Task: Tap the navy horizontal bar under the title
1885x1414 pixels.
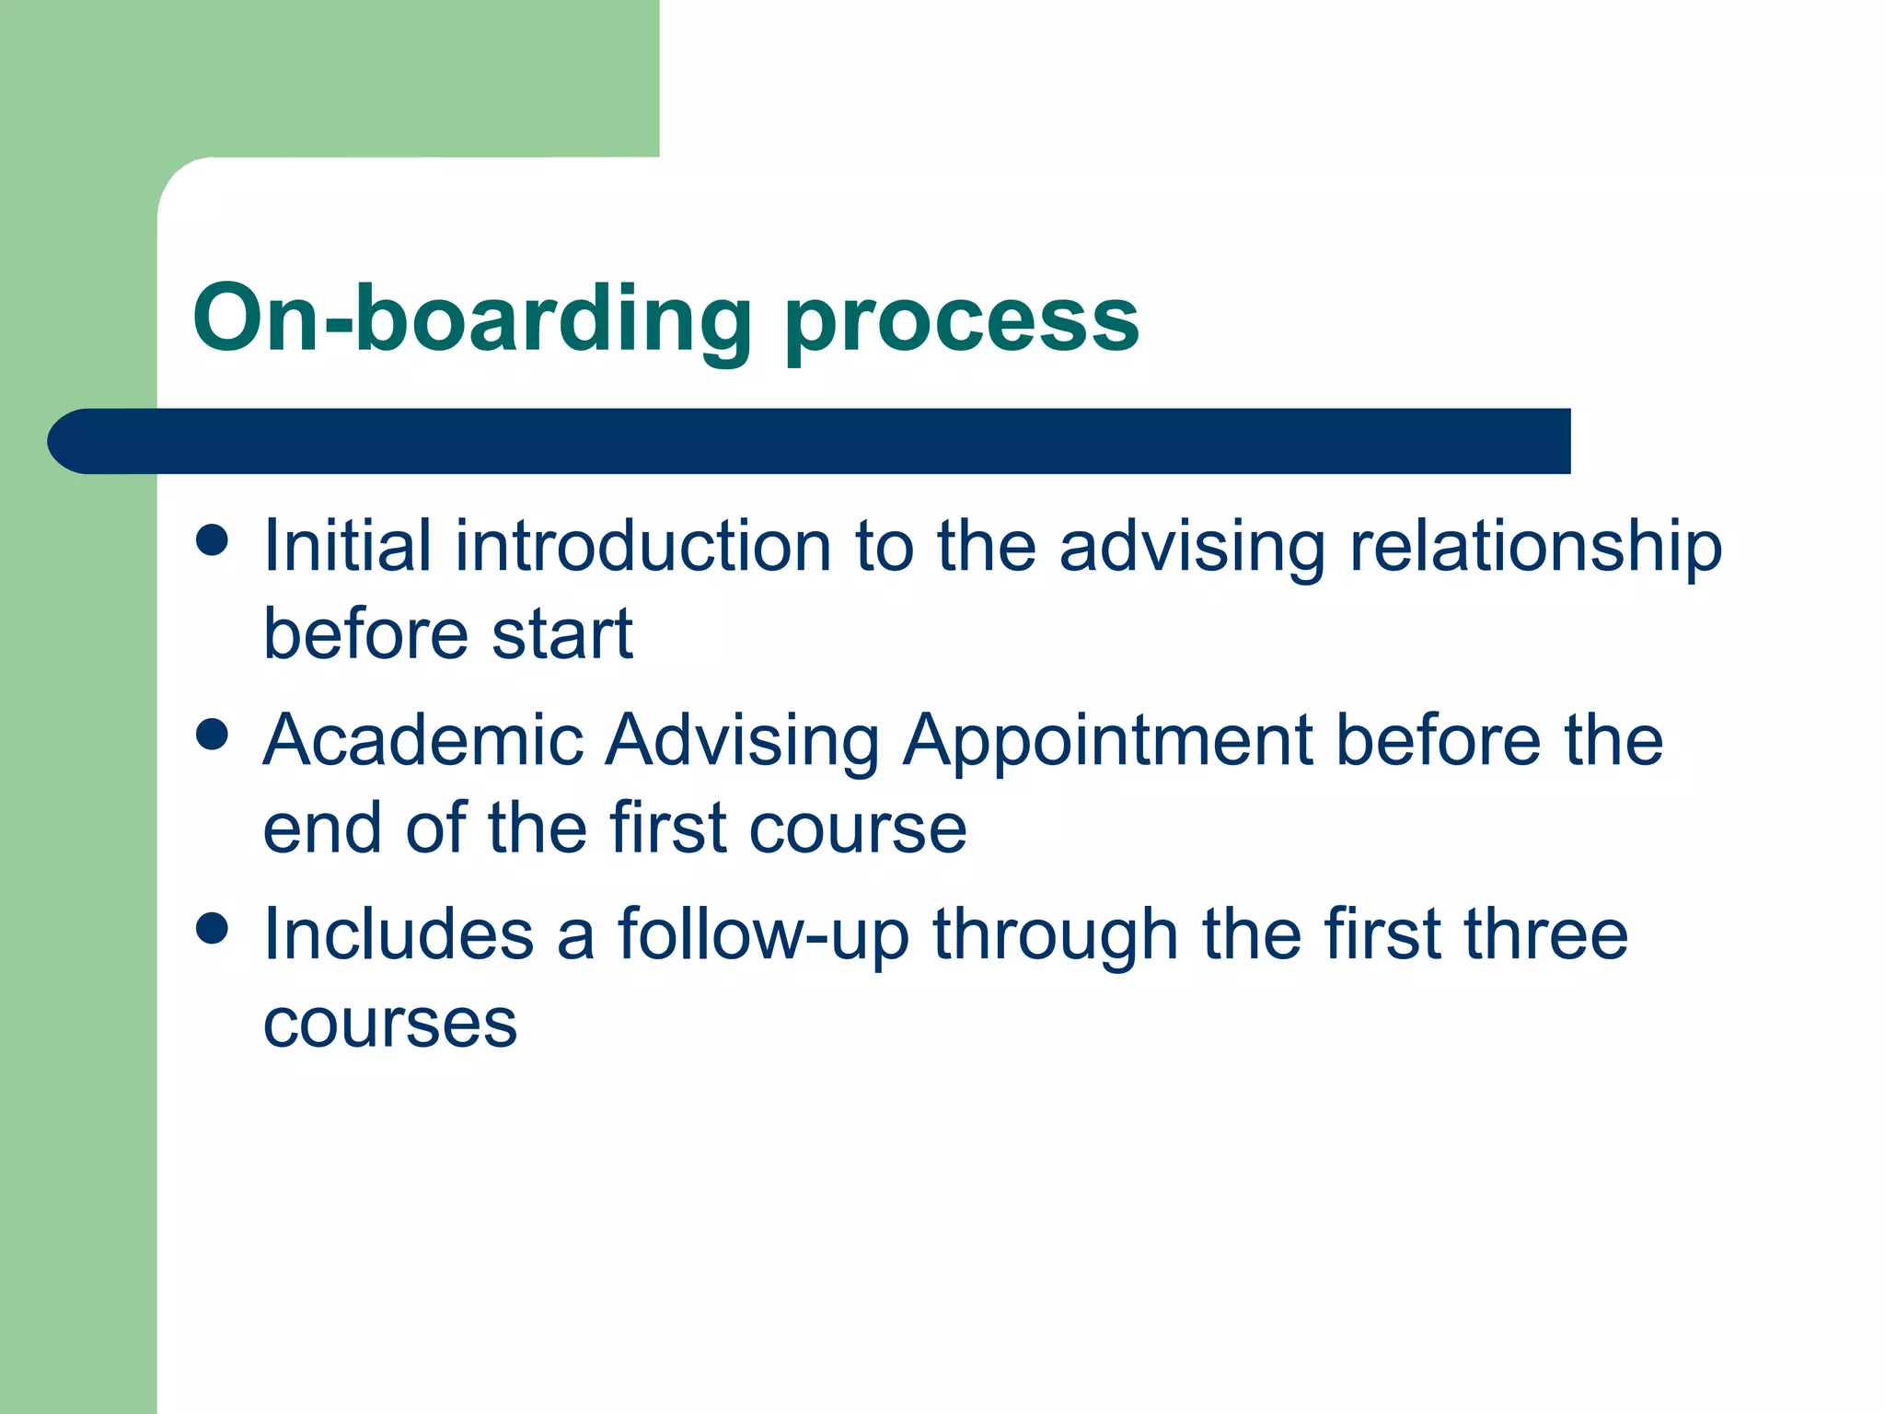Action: [810, 441]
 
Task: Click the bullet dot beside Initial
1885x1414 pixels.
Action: [213, 540]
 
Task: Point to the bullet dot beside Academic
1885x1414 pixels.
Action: [213, 735]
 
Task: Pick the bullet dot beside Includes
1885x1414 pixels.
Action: [213, 929]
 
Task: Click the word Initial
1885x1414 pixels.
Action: [347, 545]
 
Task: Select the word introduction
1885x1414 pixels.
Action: [642, 545]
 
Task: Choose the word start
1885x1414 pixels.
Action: [562, 634]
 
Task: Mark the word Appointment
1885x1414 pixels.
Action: [1107, 742]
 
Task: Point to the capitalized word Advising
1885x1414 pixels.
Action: [742, 742]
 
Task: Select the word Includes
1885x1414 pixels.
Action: [398, 933]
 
